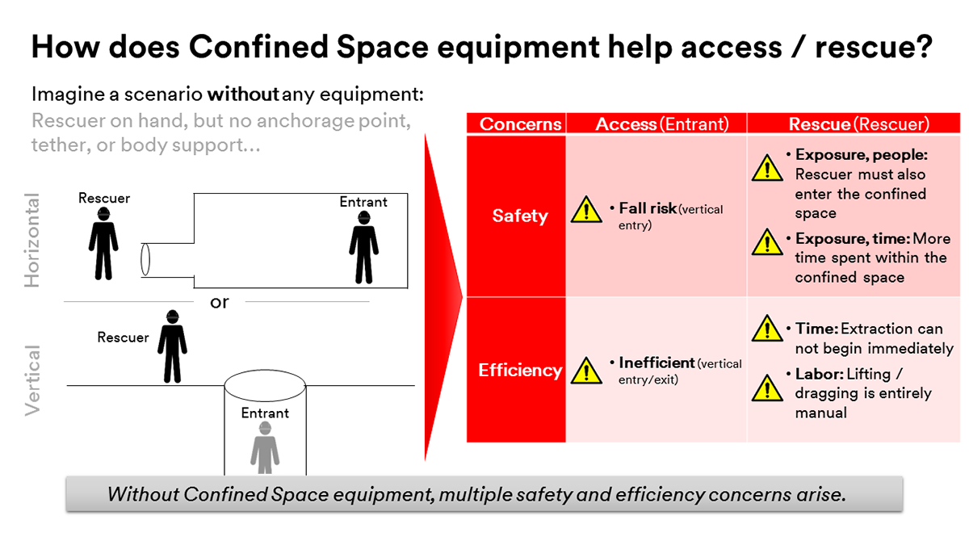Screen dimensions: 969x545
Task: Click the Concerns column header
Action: click(520, 124)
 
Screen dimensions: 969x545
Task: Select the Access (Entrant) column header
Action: click(662, 124)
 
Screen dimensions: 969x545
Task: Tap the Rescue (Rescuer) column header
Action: click(858, 124)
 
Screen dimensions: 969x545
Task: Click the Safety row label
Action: click(520, 216)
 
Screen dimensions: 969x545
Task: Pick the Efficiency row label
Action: click(520, 371)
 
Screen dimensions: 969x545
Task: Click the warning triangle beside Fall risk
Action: click(586, 210)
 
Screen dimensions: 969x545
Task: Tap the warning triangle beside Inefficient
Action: click(586, 371)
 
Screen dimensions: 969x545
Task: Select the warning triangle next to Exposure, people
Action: click(767, 168)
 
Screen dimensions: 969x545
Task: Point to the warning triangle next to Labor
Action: click(767, 388)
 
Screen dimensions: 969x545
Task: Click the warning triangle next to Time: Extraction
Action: click(767, 329)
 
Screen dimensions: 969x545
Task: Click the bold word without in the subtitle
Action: click(243, 94)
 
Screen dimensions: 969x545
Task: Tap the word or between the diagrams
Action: click(220, 302)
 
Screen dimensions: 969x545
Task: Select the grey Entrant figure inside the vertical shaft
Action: click(265, 447)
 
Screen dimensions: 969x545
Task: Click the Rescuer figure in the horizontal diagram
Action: click(103, 244)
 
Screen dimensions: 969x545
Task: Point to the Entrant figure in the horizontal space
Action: click(364, 247)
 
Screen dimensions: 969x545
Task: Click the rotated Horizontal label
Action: click(32, 240)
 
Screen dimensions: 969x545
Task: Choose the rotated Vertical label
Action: click(32, 380)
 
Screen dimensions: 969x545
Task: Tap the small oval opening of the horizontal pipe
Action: click(145, 259)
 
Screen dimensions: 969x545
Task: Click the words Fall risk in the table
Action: click(648, 208)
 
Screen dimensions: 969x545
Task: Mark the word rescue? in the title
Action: click(874, 47)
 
